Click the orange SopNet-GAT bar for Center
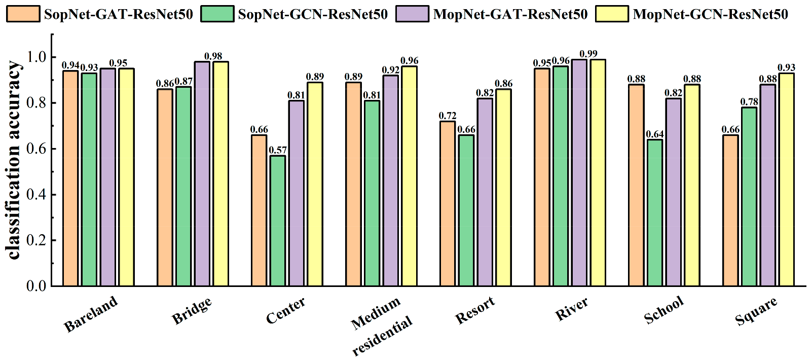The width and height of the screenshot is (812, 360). pyautogui.click(x=259, y=210)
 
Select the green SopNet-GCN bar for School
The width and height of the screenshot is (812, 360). pyautogui.click(x=655, y=212)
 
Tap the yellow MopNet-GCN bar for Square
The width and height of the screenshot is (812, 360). pyautogui.click(x=787, y=179)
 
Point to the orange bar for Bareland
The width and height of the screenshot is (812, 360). pyautogui.click(x=70, y=178)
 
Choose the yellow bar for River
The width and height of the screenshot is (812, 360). pyautogui.click(x=598, y=172)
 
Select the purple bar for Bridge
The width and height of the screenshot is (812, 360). pyautogui.click(x=202, y=173)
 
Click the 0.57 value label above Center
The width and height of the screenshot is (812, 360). pyautogui.click(x=278, y=150)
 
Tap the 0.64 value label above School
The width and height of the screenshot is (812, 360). pyautogui.click(x=655, y=134)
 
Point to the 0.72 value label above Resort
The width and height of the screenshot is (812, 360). pyautogui.click(x=448, y=116)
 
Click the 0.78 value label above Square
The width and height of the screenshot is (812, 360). pyautogui.click(x=749, y=102)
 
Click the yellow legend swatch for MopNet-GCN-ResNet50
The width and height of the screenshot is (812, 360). pyautogui.click(x=612, y=14)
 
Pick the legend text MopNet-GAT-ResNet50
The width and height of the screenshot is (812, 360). pyautogui.click(x=510, y=14)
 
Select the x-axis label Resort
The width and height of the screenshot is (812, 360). pyautogui.click(x=475, y=311)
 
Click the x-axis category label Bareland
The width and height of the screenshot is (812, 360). pyautogui.click(x=91, y=314)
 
